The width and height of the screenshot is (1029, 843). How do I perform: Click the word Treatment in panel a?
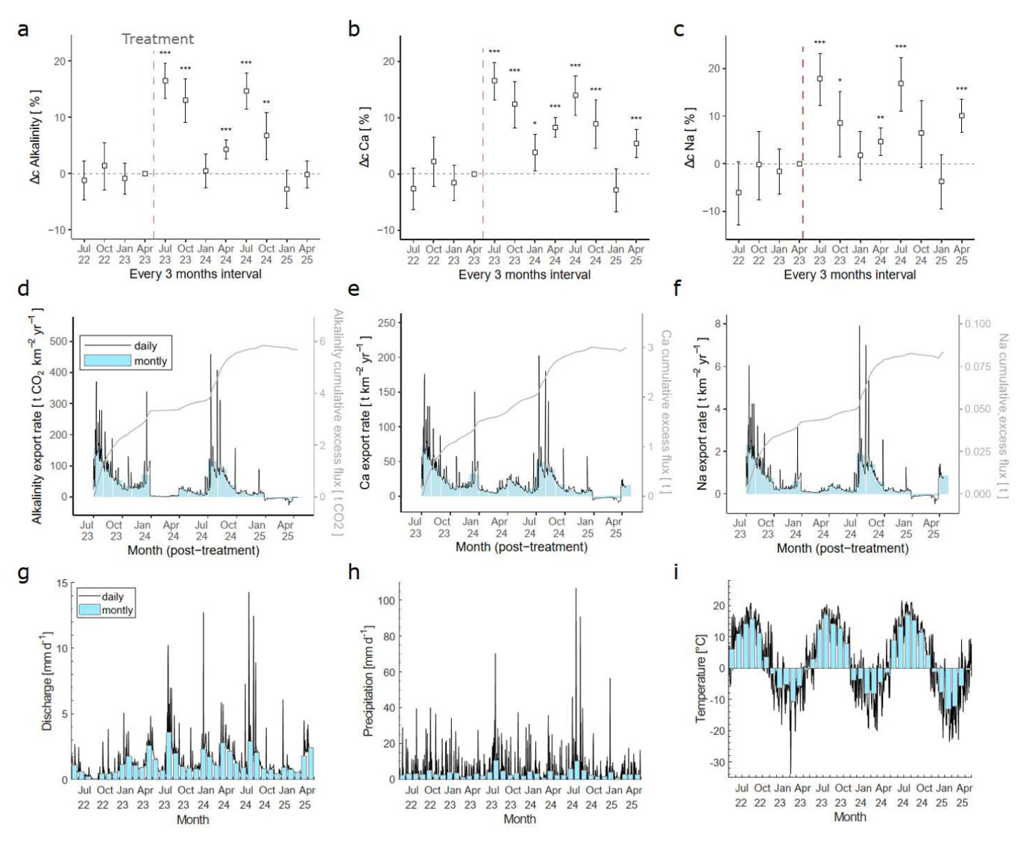tap(157, 39)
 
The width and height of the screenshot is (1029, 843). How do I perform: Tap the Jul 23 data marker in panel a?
tap(165, 80)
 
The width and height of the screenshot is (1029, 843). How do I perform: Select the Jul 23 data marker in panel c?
tap(819, 78)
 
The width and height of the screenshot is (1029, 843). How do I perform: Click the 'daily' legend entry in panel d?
tap(145, 346)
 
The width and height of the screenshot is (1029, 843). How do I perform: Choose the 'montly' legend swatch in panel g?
tap(89, 610)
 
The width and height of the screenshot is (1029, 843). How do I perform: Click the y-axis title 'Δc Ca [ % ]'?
tap(365, 136)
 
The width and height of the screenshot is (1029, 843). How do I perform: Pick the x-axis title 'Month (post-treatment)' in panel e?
tap(521, 547)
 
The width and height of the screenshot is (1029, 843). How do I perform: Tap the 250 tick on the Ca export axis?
tap(386, 323)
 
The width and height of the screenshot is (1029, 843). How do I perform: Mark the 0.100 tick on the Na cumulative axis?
tap(978, 323)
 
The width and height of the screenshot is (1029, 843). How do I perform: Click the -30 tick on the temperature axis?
tap(717, 763)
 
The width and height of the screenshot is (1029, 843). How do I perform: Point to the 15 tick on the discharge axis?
tap(62, 583)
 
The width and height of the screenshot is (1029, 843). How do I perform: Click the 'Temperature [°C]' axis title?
tap(700, 678)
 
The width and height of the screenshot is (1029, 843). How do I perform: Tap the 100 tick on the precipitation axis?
tap(386, 600)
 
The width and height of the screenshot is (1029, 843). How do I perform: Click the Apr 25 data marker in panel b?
tap(636, 143)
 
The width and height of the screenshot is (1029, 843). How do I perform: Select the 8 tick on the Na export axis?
tap(717, 323)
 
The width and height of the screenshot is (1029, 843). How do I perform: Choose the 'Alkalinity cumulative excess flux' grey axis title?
tap(338, 422)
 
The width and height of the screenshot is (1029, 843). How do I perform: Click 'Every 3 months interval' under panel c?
tap(849, 274)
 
